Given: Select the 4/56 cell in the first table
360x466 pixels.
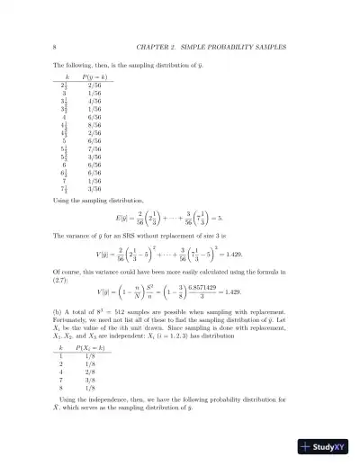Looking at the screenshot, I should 83,102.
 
